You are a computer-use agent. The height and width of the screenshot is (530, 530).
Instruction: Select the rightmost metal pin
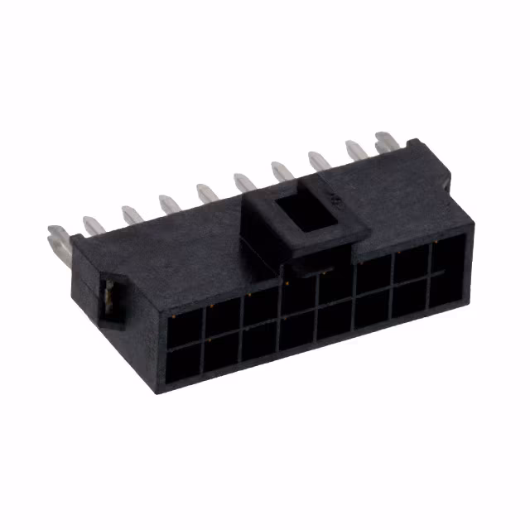click(x=385, y=142)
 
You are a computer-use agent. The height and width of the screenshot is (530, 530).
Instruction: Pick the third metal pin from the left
click(x=131, y=214)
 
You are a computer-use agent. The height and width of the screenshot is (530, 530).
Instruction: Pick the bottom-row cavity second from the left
click(x=223, y=354)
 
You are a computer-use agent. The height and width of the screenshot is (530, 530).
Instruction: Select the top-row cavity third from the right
click(x=373, y=277)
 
